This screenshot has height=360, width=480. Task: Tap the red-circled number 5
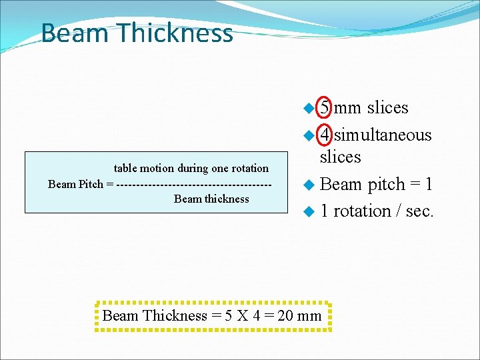point(325,107)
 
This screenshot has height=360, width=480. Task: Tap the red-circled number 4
point(324,135)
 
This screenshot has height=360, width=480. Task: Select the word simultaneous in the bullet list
point(383,135)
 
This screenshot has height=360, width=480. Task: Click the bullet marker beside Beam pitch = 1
point(308,185)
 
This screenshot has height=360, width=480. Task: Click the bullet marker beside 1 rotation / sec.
point(308,212)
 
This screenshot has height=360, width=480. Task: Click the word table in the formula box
point(125,169)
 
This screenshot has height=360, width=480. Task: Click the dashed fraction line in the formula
point(193,184)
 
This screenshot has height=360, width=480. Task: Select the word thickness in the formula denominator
point(225,199)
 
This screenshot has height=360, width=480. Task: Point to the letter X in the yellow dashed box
point(241,316)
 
